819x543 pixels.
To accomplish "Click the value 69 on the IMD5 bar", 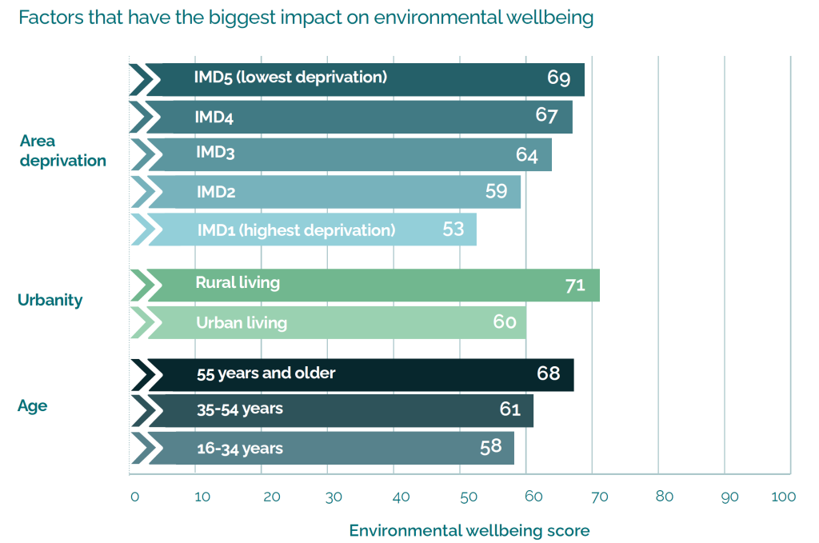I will (558, 78).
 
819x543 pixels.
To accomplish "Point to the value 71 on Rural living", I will (575, 285).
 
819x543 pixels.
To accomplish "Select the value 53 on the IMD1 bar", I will (453, 230).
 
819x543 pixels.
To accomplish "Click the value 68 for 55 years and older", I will (549, 373).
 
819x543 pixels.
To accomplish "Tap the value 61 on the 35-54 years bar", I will (510, 409).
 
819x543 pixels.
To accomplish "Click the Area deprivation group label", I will (62, 151).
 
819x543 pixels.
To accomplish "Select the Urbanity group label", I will (50, 301).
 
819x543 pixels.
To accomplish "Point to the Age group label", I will (32, 406).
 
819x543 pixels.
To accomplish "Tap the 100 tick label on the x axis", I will (784, 497).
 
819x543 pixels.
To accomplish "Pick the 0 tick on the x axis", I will (134, 497).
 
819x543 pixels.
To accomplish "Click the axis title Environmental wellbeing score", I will (469, 530).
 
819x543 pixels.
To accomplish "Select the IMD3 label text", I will (215, 152).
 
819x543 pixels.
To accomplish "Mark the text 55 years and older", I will (266, 373).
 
